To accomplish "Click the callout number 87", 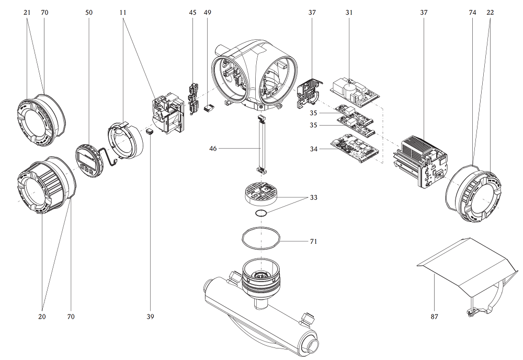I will click(434, 317).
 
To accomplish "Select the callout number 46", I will click(213, 149).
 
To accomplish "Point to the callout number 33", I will click(313, 197).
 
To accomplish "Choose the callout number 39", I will click(151, 317).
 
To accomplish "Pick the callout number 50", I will click(89, 12).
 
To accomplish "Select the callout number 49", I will click(208, 12).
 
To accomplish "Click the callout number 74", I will click(473, 12).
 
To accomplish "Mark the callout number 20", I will click(42, 317).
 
